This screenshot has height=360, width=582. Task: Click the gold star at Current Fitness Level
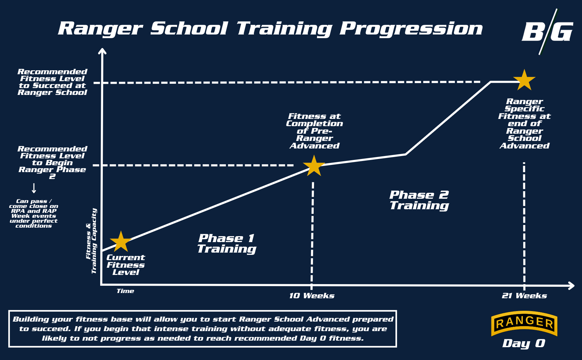pyautogui.click(x=121, y=242)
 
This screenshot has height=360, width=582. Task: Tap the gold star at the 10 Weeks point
pyautogui.click(x=314, y=166)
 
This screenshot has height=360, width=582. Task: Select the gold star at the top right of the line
pyautogui.click(x=524, y=80)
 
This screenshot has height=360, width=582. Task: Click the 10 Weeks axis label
pyautogui.click(x=312, y=296)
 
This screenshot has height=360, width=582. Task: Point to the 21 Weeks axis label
pyautogui.click(x=524, y=296)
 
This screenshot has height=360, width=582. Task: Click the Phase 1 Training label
pyautogui.click(x=227, y=243)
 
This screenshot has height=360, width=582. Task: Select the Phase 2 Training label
pyautogui.click(x=419, y=200)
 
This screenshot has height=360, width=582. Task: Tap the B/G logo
pyautogui.click(x=547, y=32)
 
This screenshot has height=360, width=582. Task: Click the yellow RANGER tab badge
pyautogui.click(x=524, y=323)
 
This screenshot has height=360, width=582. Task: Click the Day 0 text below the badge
pyautogui.click(x=524, y=343)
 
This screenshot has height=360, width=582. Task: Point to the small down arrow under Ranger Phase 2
pyautogui.click(x=34, y=189)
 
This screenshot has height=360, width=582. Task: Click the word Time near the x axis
pyautogui.click(x=125, y=291)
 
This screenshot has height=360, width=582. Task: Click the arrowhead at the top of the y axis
pyautogui.click(x=102, y=51)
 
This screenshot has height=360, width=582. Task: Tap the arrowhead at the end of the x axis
pyautogui.click(x=571, y=286)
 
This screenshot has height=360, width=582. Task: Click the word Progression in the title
pyautogui.click(x=411, y=29)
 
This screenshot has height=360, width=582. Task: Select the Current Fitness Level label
pyautogui.click(x=125, y=265)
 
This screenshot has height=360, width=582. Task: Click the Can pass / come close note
pyautogui.click(x=34, y=214)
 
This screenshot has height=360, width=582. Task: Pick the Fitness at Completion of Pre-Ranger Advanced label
pyautogui.click(x=314, y=131)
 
